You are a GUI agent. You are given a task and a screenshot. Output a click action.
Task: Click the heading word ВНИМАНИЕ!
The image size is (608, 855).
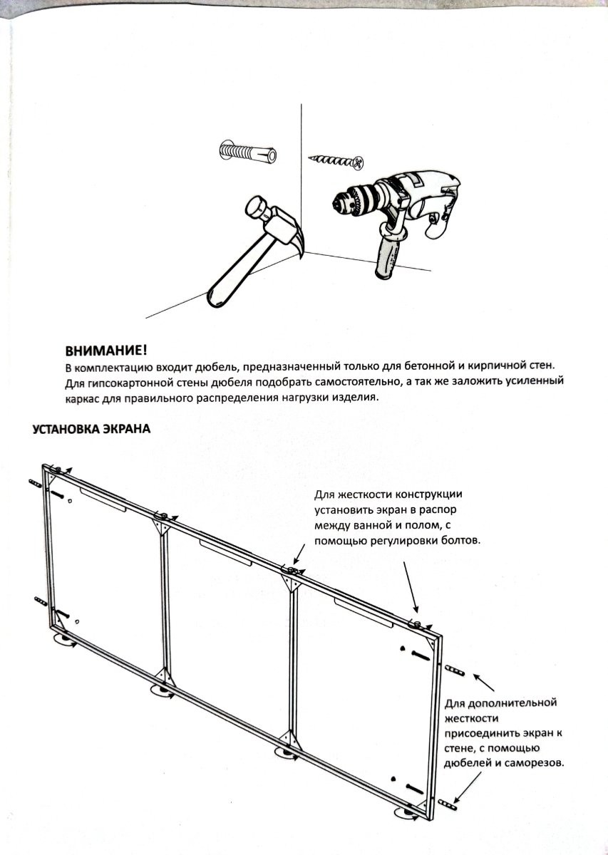[x=106, y=350]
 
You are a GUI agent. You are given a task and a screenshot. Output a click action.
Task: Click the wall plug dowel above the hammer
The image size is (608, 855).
[x=247, y=151]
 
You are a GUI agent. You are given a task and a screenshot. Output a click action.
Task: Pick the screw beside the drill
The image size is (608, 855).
[x=336, y=161]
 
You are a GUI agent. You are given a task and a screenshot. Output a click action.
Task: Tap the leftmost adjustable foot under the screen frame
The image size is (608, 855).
[x=65, y=641]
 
